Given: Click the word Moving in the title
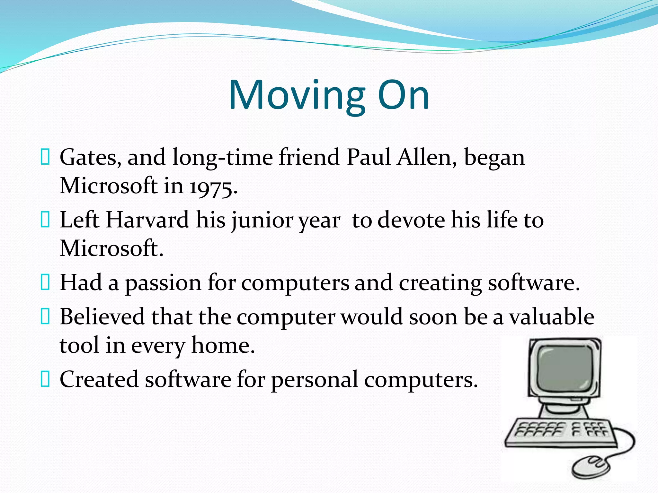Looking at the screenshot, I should click(297, 96).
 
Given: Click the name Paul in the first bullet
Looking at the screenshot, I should click(369, 158).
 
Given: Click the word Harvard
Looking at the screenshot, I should click(147, 220).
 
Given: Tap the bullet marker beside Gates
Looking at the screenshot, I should click(45, 157).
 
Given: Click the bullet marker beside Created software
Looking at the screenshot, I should click(45, 379).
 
